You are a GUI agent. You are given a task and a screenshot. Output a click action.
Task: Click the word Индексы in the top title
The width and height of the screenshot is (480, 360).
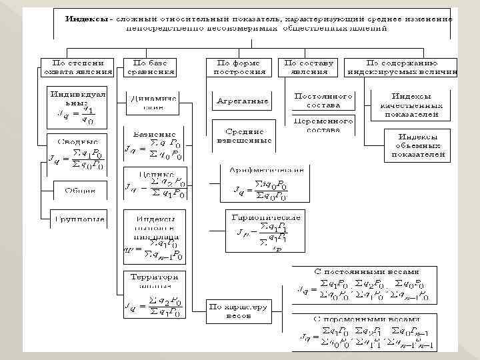(86, 18)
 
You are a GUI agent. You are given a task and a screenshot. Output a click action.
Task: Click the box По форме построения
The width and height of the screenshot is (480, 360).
(240, 67)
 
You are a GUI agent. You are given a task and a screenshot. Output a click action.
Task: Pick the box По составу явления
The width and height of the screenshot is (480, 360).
(309, 67)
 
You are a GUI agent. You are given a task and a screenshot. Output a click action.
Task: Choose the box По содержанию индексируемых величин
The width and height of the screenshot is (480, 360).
(401, 67)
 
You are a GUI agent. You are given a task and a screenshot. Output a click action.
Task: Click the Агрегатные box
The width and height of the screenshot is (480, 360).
(243, 101)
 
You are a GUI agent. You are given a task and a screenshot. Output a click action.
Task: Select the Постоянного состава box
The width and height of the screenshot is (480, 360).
(323, 101)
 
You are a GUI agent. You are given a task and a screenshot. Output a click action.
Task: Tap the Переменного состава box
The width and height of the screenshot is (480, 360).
(323, 125)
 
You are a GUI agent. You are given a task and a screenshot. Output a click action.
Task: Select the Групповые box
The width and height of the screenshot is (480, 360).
(80, 217)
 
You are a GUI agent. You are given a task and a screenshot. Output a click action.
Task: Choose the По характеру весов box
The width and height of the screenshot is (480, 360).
(237, 311)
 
